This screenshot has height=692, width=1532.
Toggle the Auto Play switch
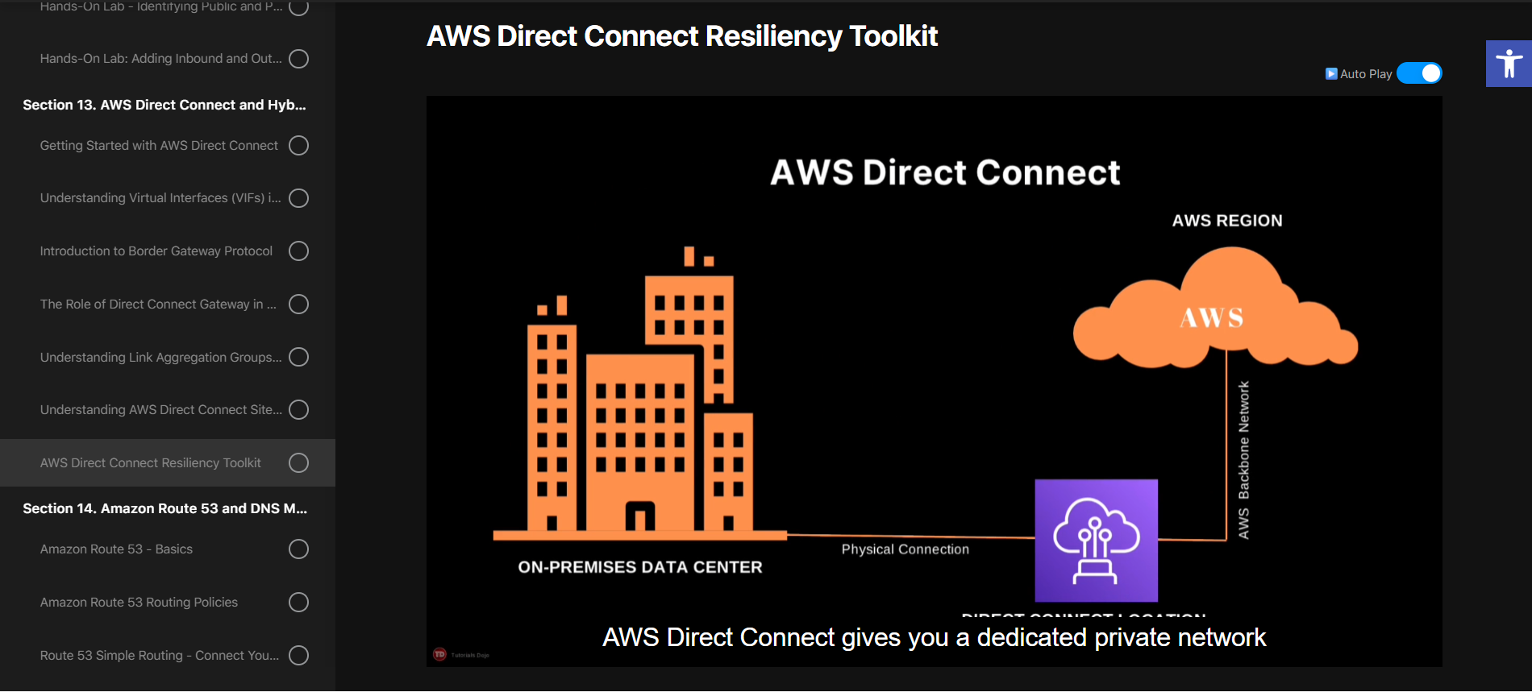[1419, 73]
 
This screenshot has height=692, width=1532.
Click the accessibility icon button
[1509, 63]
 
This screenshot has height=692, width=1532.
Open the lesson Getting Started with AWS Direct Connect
[159, 146]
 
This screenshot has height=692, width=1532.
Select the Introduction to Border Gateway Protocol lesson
[156, 251]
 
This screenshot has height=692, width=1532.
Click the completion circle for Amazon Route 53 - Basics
[298, 549]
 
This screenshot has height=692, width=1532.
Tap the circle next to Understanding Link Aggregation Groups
[298, 357]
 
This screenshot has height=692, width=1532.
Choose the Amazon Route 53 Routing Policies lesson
[139, 603]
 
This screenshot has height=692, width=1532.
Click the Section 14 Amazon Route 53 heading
[164, 508]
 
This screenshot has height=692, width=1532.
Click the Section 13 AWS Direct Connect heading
[164, 105]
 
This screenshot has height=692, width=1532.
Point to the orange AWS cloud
[1213, 314]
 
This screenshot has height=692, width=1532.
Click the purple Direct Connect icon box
[1096, 541]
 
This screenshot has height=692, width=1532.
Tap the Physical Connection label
[905, 549]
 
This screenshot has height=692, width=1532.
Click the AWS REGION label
[1226, 221]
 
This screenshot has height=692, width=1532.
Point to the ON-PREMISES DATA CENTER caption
[639, 567]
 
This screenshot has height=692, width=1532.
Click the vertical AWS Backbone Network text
[1243, 460]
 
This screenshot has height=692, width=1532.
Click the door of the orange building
[639, 516]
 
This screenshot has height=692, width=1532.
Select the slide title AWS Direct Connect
[944, 172]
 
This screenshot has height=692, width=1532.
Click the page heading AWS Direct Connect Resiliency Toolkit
[681, 36]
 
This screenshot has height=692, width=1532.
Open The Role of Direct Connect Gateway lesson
[158, 305]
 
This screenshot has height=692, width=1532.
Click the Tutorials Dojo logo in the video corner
[440, 654]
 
